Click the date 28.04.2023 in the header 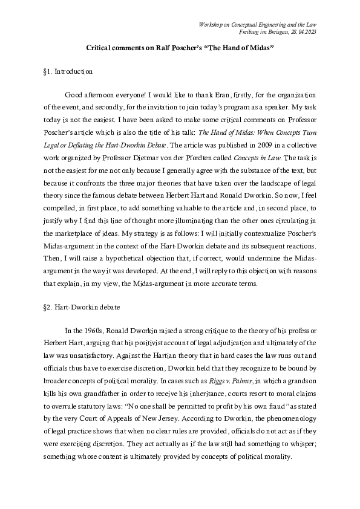click(303, 31)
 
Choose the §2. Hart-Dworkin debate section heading click(78, 307)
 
